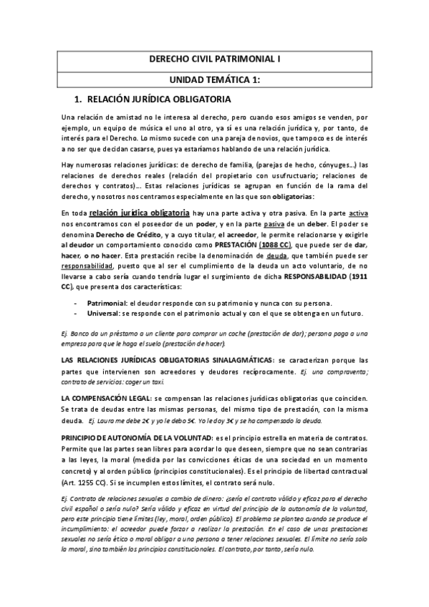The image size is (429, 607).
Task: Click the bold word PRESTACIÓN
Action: coord(235,243)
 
